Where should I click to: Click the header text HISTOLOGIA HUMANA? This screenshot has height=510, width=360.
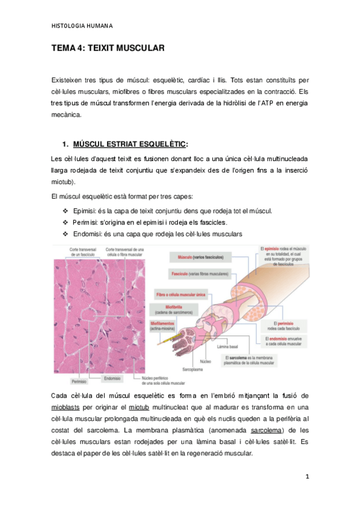(82, 26)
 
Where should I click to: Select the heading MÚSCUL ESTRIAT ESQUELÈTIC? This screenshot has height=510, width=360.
(129, 144)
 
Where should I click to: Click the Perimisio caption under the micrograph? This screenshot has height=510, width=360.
(79, 381)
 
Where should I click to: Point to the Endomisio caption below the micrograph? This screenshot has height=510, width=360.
(113, 378)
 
